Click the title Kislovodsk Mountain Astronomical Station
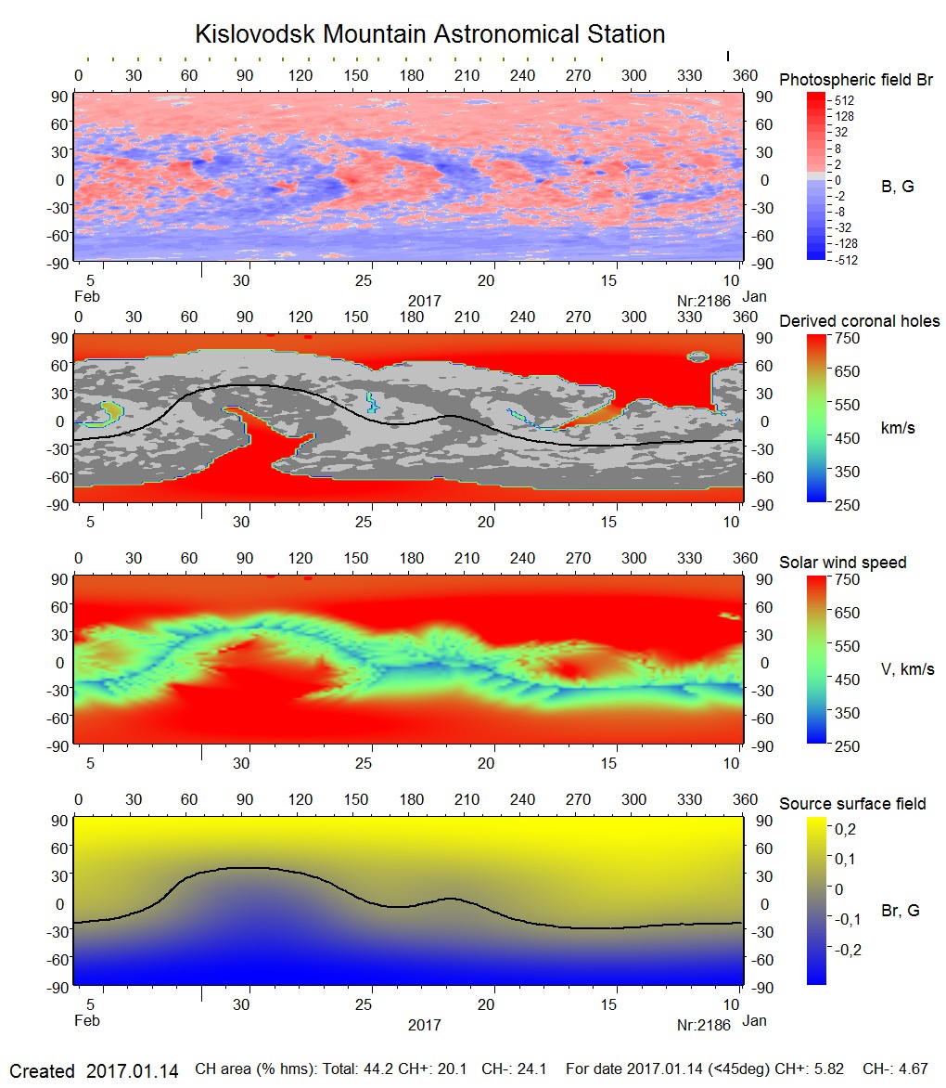(x=429, y=34)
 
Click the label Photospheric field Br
(x=855, y=80)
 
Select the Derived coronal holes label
(x=859, y=321)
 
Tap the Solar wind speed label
(x=842, y=563)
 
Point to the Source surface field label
(x=852, y=804)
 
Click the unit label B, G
(x=897, y=187)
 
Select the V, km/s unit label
(x=907, y=669)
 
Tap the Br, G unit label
(x=900, y=911)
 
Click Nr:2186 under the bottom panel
(x=704, y=1025)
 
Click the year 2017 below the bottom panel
(x=424, y=1025)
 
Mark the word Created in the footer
(x=42, y=1071)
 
